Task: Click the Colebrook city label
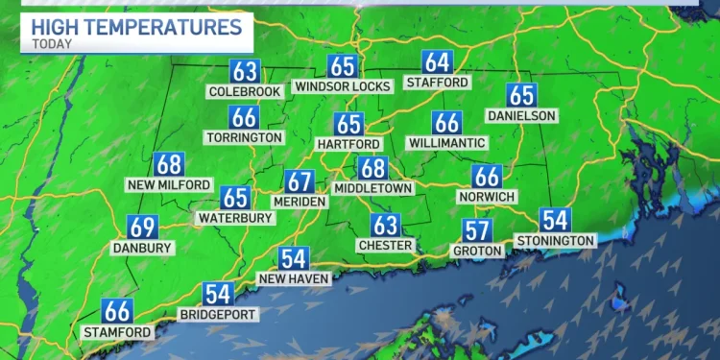[244, 92]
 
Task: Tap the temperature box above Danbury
[143, 228]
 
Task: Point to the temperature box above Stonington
[555, 220]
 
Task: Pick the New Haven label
[294, 278]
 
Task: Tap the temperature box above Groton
[477, 230]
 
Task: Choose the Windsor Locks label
[343, 86]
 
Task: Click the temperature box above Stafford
[438, 62]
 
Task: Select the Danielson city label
[521, 115]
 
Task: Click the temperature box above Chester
[386, 226]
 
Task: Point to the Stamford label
[118, 332]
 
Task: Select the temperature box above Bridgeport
[218, 295]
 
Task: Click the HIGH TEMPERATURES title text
[136, 27]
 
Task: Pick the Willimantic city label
[447, 143]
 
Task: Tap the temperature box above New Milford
[168, 164]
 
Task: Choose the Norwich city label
[487, 197]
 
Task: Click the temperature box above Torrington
[244, 117]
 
